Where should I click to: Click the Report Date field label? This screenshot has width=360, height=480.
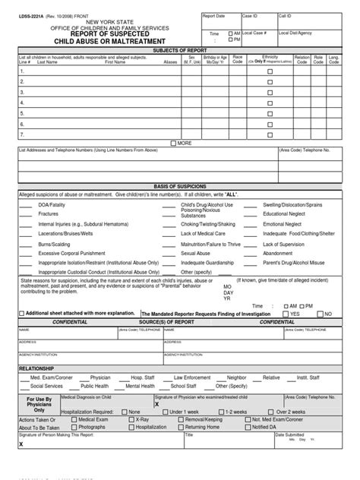tap(214, 15)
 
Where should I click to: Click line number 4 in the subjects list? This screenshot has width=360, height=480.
tap(22, 102)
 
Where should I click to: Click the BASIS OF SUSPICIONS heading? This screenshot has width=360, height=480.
tap(179, 186)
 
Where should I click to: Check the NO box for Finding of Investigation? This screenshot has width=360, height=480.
tap(318, 313)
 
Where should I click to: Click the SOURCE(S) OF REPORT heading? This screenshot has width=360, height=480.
tap(179, 322)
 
